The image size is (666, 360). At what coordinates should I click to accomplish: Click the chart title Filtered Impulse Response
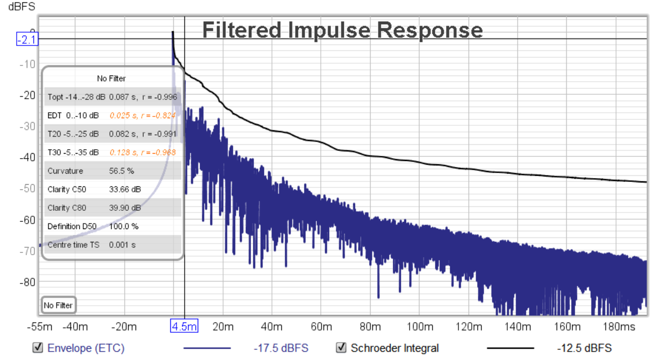pos(342,30)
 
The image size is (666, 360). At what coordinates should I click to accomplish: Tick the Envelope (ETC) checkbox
pos(38,348)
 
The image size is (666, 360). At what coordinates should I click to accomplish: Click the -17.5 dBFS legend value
pos(281,348)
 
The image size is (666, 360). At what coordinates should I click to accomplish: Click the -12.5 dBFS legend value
pos(584,348)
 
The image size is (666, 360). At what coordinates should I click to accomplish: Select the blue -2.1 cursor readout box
pos(27,40)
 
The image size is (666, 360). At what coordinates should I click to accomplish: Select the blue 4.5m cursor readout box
pos(184,327)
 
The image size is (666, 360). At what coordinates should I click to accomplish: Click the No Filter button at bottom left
pos(58,305)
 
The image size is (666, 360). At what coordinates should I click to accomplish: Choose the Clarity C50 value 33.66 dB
pos(125,189)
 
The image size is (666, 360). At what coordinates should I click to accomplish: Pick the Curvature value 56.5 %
pos(122,171)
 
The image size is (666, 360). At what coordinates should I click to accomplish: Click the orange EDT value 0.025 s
pos(121,115)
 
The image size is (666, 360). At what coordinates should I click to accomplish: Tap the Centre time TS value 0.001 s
pos(121,245)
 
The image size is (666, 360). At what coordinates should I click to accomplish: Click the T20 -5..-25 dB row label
pos(73,134)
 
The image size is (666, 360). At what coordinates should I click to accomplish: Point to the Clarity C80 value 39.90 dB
pos(125,207)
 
